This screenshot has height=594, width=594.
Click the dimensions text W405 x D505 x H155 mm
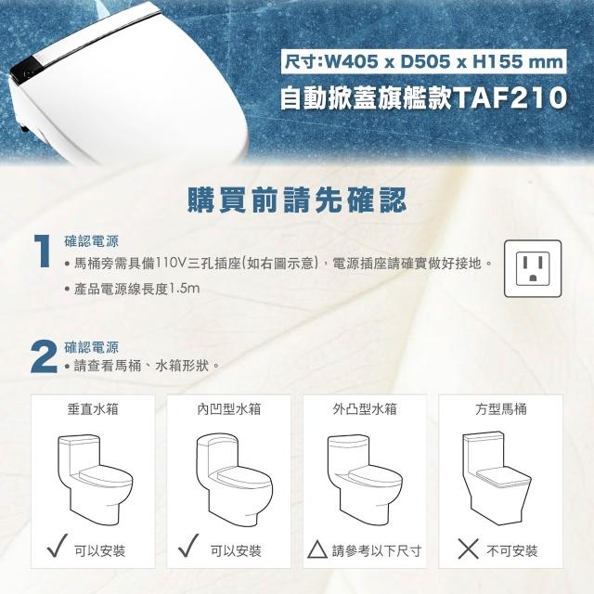pyautogui.click(x=424, y=61)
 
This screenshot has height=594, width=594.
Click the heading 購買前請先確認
pyautogui.click(x=297, y=200)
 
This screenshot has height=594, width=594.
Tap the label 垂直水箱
pyautogui.click(x=93, y=408)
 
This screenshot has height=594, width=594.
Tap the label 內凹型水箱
pyautogui.click(x=228, y=408)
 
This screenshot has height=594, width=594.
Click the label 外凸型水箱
pyautogui.click(x=365, y=408)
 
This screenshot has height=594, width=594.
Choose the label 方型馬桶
pyautogui.click(x=500, y=408)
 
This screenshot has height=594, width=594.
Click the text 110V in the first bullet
pyautogui.click(x=171, y=264)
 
